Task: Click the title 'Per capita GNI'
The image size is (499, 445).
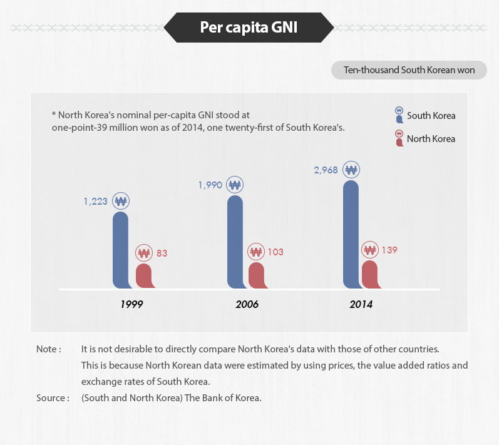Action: click(x=249, y=27)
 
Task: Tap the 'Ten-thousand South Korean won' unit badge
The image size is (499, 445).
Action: click(x=409, y=70)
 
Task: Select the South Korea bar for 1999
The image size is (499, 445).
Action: click(x=121, y=250)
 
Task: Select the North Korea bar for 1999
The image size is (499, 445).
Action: click(x=144, y=276)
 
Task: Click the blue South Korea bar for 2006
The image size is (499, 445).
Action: click(x=235, y=242)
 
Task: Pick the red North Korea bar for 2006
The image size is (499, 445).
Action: click(x=257, y=275)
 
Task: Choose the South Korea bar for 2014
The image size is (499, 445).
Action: click(x=351, y=235)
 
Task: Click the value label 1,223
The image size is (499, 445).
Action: click(x=96, y=202)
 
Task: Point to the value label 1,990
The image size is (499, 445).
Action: click(x=210, y=185)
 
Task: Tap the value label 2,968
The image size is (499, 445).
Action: click(x=326, y=170)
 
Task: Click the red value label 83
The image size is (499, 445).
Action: click(x=162, y=253)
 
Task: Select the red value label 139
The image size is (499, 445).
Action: click(x=389, y=250)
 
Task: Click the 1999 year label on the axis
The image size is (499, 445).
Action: click(x=132, y=305)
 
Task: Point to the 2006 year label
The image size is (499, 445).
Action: click(x=247, y=305)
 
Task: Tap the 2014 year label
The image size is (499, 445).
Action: click(x=361, y=305)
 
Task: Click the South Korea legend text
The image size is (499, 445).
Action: click(x=431, y=116)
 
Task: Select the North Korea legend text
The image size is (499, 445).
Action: click(x=431, y=138)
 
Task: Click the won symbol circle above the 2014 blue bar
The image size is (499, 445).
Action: click(x=351, y=170)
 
